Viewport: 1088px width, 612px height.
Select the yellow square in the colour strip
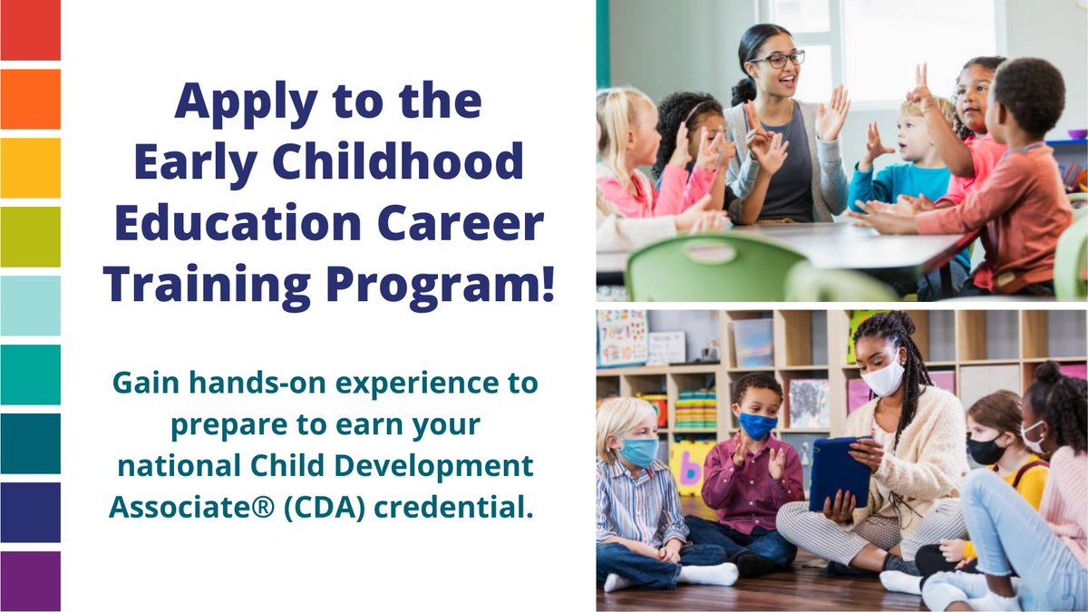[x=30, y=168]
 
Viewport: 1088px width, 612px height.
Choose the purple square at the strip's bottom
[x=30, y=581]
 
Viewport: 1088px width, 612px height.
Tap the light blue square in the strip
[x=30, y=306]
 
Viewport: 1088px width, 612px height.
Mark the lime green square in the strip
[x=30, y=237]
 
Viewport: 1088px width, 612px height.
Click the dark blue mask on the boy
[x=757, y=424]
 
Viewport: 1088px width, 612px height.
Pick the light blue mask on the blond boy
[x=639, y=451]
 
